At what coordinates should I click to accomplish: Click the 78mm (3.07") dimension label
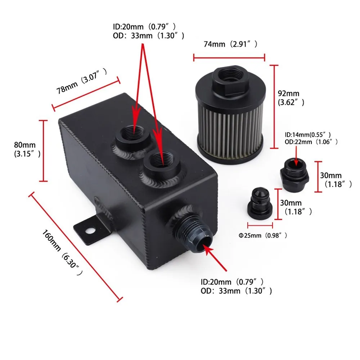[81, 81]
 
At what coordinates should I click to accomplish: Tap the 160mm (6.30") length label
[62, 252]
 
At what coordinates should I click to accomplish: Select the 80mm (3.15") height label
[27, 149]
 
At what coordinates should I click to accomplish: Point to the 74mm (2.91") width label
[230, 44]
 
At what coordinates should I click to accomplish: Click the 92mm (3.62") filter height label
[291, 98]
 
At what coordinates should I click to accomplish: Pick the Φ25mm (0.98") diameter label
[263, 235]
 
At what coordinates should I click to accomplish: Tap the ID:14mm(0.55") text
[308, 135]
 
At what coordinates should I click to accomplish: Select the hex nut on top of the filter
[230, 80]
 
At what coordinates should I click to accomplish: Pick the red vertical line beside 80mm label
[43, 150]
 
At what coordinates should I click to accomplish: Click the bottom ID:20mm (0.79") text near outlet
[232, 282]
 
